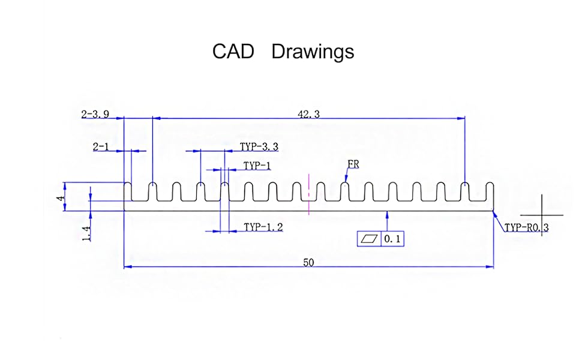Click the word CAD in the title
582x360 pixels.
click(x=233, y=51)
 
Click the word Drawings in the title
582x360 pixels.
click(x=313, y=52)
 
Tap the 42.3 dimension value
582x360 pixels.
click(x=308, y=115)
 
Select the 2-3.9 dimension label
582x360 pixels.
click(x=95, y=115)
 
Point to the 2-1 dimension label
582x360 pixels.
click(x=101, y=147)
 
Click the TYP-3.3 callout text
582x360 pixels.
click(x=259, y=147)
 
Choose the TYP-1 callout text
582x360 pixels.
click(x=257, y=166)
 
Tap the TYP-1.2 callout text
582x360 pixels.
click(x=263, y=227)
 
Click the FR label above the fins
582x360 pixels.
click(x=353, y=164)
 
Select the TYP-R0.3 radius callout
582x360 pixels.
click(x=526, y=227)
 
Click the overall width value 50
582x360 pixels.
click(x=308, y=263)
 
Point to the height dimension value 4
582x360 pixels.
click(x=61, y=197)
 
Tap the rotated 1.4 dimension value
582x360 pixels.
click(x=86, y=233)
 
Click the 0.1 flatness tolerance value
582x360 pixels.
click(x=392, y=239)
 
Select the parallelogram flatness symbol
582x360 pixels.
click(x=370, y=239)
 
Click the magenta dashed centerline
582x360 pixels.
click(x=309, y=194)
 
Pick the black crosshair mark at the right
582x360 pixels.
click(x=542, y=215)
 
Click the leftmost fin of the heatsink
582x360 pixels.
click(x=128, y=192)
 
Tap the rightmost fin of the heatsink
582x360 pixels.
click(x=490, y=192)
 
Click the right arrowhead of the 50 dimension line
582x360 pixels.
click(x=490, y=266)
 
